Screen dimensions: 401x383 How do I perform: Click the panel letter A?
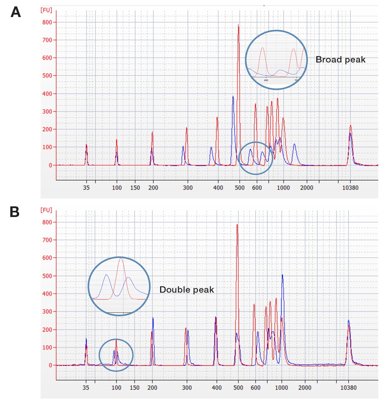click(x=16, y=12)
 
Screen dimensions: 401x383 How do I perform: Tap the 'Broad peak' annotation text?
click(x=340, y=60)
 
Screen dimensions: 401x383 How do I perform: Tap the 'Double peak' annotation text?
click(x=187, y=290)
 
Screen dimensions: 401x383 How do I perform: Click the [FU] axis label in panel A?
click(x=46, y=10)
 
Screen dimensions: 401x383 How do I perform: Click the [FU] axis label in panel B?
click(x=46, y=210)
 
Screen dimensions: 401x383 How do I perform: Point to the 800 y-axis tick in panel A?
click(x=47, y=22)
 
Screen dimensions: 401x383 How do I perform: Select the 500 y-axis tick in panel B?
click(x=47, y=276)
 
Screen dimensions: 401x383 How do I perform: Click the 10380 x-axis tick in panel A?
click(x=350, y=188)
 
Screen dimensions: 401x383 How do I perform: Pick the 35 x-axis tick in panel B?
click(x=86, y=388)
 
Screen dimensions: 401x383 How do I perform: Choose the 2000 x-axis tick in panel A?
click(x=307, y=188)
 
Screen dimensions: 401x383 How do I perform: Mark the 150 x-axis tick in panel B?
click(x=135, y=388)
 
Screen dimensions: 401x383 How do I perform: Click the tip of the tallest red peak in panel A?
click(x=238, y=25)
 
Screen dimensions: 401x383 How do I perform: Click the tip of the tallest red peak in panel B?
click(x=237, y=224)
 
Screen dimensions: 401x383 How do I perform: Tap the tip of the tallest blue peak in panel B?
click(x=282, y=275)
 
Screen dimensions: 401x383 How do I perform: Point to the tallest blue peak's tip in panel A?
click(x=233, y=96)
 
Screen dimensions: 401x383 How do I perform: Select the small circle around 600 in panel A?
click(x=256, y=158)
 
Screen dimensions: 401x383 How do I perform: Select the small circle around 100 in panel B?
click(x=116, y=355)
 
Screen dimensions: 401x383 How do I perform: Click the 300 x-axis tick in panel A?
click(x=187, y=188)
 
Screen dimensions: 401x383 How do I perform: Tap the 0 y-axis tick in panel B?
click(x=50, y=365)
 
